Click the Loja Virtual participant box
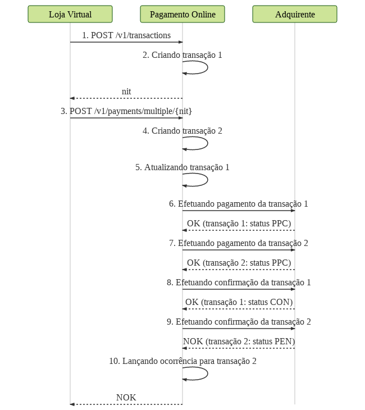(x=70, y=14)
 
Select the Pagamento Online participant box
(x=182, y=14)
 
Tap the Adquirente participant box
(x=295, y=14)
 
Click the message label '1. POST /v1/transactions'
(x=126, y=35)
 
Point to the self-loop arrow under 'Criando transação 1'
(x=207, y=67)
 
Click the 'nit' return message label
(x=126, y=92)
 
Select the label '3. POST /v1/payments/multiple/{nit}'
(x=126, y=111)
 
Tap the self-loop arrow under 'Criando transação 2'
(x=207, y=143)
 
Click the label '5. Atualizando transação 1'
(x=182, y=167)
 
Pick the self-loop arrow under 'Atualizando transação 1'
(x=207, y=180)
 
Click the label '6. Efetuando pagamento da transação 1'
(x=239, y=204)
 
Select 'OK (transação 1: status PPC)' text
(x=239, y=224)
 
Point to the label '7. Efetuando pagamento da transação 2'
(x=239, y=243)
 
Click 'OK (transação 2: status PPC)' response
(x=239, y=263)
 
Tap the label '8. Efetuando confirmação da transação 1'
(x=239, y=283)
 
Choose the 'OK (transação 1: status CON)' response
(x=239, y=302)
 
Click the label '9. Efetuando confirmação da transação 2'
(x=239, y=322)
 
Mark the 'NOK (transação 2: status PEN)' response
(x=239, y=341)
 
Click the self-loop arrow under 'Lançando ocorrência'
(x=207, y=373)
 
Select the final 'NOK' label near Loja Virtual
(x=126, y=398)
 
